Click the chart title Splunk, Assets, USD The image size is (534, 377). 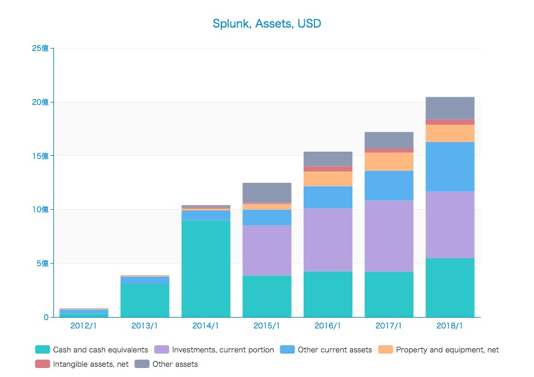(266, 24)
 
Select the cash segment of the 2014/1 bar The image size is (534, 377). (206, 269)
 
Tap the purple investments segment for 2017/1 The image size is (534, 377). (389, 236)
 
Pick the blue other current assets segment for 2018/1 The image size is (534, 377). (450, 167)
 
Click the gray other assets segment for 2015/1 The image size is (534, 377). (267, 193)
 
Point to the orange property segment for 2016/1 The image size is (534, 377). (328, 179)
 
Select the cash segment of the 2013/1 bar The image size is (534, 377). (145, 300)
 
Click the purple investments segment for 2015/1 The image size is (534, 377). (267, 251)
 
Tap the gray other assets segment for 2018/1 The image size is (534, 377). (450, 108)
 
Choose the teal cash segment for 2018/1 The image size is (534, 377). (450, 288)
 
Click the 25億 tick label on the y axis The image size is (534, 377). (40, 48)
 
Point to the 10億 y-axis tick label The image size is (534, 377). (40, 209)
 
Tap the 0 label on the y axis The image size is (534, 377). (46, 317)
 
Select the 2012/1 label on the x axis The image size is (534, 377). (84, 326)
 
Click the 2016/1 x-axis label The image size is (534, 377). (328, 326)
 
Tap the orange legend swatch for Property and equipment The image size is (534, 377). (385, 349)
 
